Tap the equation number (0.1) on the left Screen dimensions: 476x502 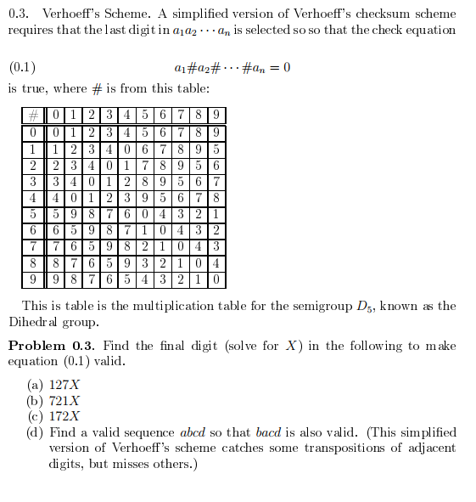[22, 67]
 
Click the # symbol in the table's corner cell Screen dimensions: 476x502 [32, 116]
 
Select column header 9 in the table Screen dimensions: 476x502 [216, 116]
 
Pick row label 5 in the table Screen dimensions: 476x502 [32, 213]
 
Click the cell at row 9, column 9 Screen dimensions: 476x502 [216, 278]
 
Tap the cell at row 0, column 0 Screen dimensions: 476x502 [55, 132]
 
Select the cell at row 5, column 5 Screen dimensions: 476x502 [145, 213]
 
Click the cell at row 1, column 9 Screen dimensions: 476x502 [216, 148]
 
